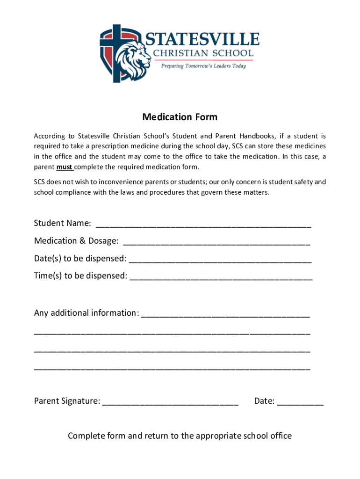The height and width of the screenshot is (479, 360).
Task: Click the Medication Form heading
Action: (180, 117)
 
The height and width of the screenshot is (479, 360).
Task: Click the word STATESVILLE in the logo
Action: (203, 38)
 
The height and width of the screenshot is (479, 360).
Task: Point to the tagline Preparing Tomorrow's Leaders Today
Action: (203, 66)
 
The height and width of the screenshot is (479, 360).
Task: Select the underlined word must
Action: (65, 167)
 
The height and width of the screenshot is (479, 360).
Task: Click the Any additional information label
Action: (86, 313)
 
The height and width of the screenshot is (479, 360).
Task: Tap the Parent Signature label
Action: (67, 401)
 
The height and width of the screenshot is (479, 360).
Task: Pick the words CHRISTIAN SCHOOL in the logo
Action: (203, 53)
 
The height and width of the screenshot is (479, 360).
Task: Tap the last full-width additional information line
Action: (172, 369)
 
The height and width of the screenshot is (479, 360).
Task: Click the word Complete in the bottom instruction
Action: (85, 436)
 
